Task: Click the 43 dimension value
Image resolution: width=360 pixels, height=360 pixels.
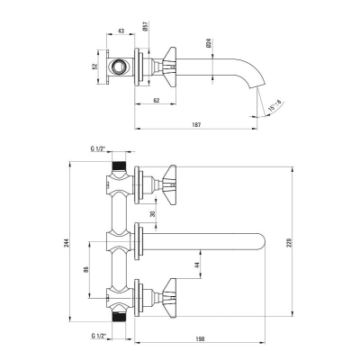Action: [121, 31]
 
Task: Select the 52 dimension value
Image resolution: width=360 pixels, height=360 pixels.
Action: [94, 67]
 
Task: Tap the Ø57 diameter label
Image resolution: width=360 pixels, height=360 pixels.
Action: [145, 26]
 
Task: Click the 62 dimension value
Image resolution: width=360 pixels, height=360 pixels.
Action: [156, 100]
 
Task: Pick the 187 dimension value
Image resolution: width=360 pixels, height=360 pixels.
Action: [196, 124]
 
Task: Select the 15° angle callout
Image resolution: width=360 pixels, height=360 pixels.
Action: [275, 106]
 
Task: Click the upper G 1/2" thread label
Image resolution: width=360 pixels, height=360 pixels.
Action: [98, 148]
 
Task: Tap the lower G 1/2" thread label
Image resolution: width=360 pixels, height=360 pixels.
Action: [98, 336]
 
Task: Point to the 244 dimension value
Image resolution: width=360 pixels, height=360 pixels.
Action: [67, 242]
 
